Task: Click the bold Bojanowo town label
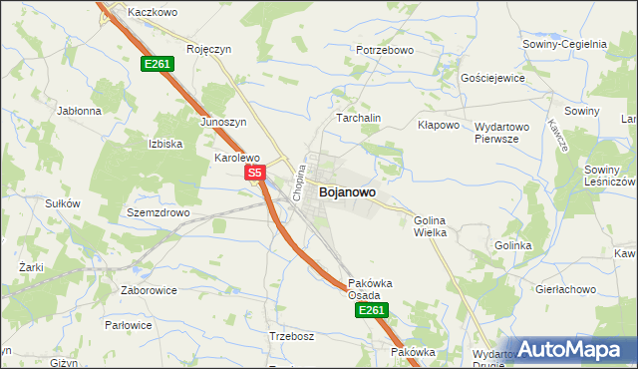tap(347, 191)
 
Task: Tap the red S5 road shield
tap(254, 173)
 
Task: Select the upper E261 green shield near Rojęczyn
tap(158, 64)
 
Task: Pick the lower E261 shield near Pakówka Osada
tap(370, 310)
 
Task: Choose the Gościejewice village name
tap(491, 77)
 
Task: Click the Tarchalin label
tap(359, 118)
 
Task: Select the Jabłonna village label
tap(80, 111)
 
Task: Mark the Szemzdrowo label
tap(158, 213)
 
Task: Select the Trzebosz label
tap(291, 336)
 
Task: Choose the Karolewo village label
tap(237, 158)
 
